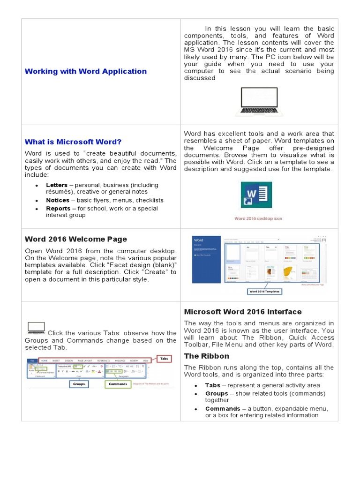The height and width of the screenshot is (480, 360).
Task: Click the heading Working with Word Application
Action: [x=85, y=71]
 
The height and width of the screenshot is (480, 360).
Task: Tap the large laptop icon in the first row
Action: [x=259, y=102]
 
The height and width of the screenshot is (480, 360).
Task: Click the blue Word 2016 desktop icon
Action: [x=258, y=197]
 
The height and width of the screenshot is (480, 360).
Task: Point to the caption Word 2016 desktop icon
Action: [x=258, y=218]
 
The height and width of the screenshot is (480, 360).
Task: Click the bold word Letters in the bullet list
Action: [x=56, y=185]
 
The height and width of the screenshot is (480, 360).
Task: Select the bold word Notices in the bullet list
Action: [x=57, y=200]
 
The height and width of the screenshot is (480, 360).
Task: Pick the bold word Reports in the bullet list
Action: [x=58, y=209]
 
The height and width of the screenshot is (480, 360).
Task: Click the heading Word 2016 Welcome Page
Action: [x=75, y=239]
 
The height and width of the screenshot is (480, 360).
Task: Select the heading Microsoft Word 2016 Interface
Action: [x=242, y=312]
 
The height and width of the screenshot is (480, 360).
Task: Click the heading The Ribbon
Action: [x=206, y=356]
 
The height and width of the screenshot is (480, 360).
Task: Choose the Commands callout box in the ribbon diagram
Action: [x=118, y=383]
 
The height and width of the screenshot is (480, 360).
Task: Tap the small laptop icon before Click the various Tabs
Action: [x=36, y=328]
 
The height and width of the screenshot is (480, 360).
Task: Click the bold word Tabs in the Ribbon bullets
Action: [x=212, y=385]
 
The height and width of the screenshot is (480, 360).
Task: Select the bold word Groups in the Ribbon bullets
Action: [x=216, y=393]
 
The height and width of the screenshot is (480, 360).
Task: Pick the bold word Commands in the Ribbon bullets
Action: [x=223, y=408]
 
